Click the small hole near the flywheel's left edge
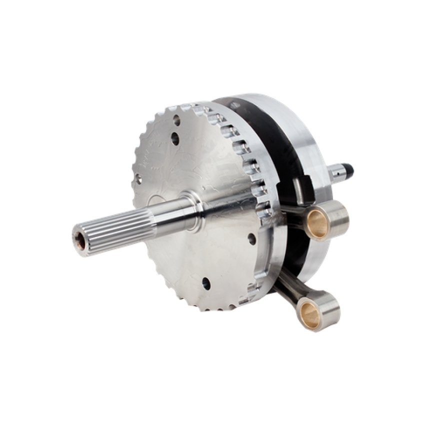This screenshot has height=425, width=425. click(x=135, y=177)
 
